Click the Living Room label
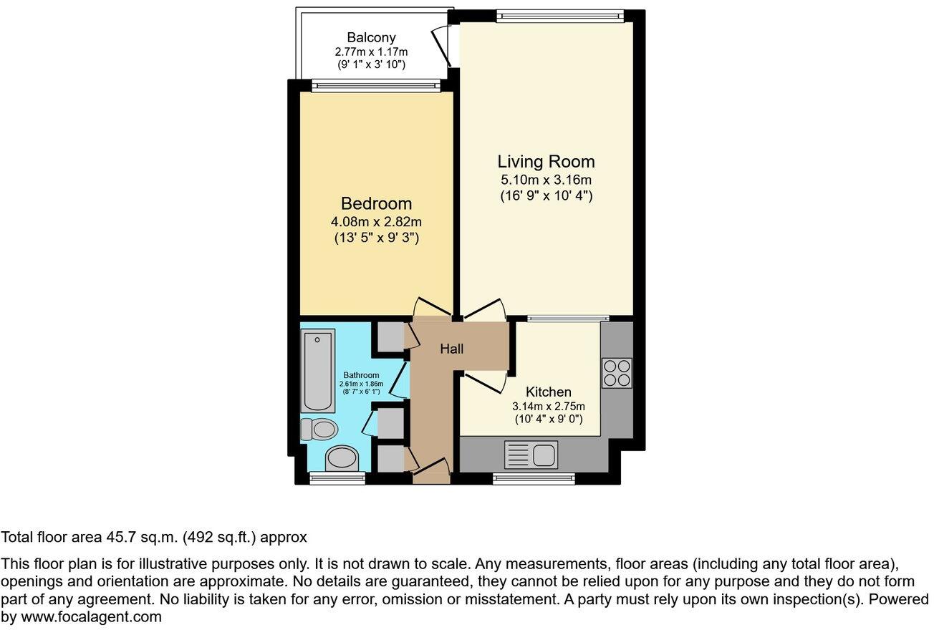click(x=547, y=162)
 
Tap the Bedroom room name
click(x=376, y=203)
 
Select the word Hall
click(x=451, y=349)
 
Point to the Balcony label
click(x=371, y=37)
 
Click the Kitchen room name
click(x=549, y=392)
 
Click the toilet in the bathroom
click(x=319, y=429)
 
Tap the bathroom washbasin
click(x=342, y=459)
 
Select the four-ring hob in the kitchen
click(x=617, y=372)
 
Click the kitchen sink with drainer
click(x=531, y=455)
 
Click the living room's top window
click(x=560, y=15)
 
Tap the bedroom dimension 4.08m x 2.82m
click(x=376, y=222)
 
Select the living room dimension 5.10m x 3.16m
click(x=547, y=180)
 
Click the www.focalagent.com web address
click(x=90, y=616)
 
